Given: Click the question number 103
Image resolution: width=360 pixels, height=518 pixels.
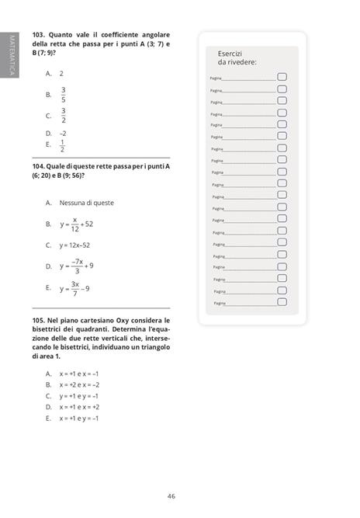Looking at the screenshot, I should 39,35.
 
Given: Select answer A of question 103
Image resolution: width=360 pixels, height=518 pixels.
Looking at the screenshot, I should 61,73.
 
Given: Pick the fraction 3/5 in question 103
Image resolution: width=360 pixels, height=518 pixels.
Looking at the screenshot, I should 64,95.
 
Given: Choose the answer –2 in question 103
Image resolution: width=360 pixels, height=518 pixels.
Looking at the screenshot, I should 63,133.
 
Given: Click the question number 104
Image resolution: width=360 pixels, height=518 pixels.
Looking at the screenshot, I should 39,166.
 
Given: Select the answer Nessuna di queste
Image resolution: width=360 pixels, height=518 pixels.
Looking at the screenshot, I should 86,203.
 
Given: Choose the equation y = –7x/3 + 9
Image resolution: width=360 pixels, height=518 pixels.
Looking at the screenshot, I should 77,266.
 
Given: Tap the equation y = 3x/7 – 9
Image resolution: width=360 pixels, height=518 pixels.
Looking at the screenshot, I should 75,288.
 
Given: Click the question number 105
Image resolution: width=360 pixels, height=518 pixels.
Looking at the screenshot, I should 39,320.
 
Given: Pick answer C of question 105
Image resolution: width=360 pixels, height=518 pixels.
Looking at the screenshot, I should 78,395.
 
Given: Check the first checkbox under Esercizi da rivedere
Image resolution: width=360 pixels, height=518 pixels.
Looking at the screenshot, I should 282,77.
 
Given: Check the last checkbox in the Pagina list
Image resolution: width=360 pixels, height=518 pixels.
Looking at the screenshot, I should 282,303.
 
